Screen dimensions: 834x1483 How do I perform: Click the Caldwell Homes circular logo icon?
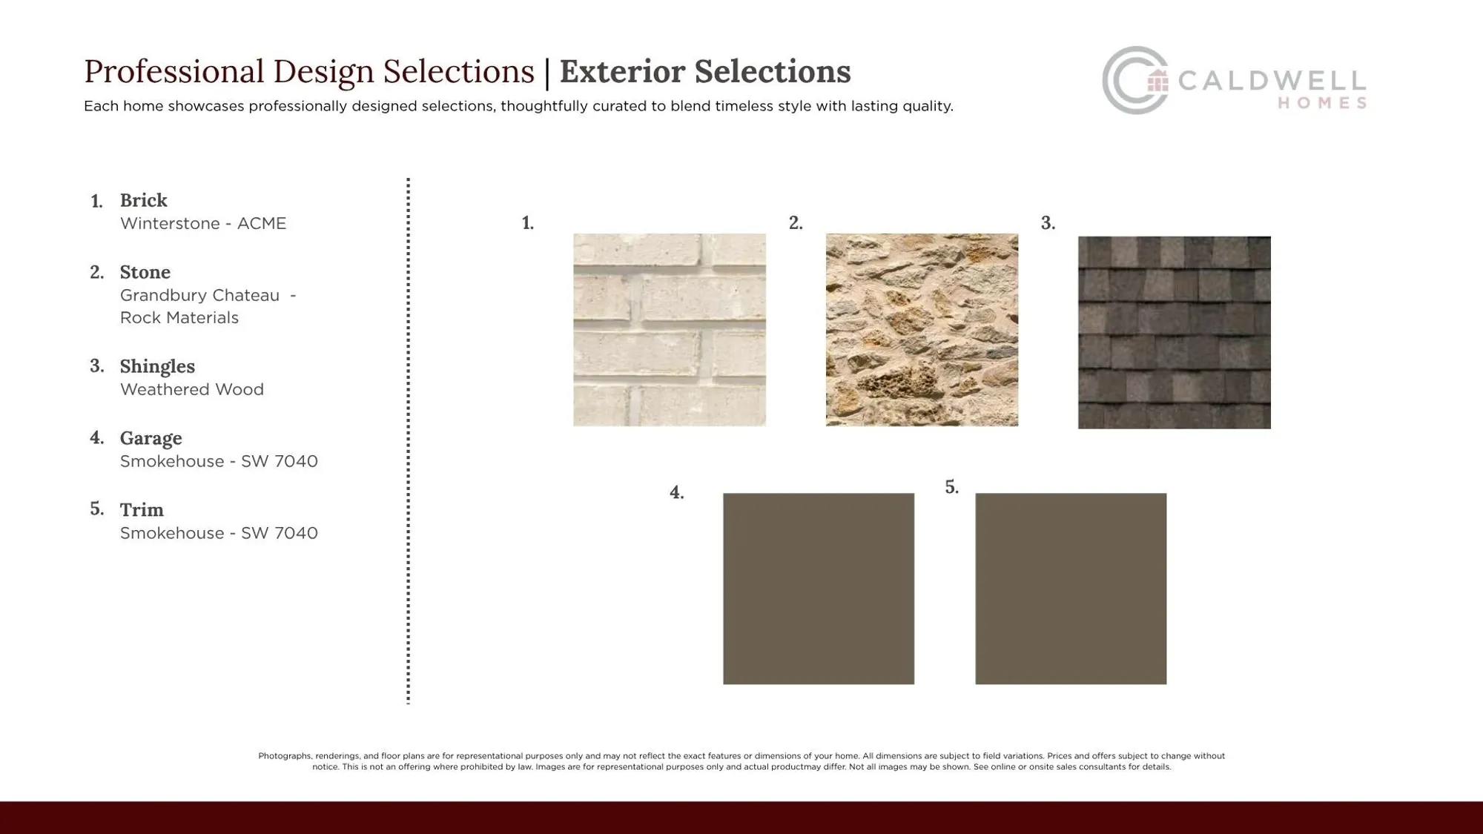pyautogui.click(x=1135, y=80)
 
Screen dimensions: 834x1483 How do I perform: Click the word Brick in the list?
pyautogui.click(x=144, y=200)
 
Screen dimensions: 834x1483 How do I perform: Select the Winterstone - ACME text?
pyautogui.click(x=203, y=224)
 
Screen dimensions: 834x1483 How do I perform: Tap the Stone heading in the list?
pyautogui.click(x=145, y=272)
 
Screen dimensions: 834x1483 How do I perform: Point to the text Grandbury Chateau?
pyautogui.click(x=200, y=296)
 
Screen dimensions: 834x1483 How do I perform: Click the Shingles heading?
pyautogui.click(x=157, y=366)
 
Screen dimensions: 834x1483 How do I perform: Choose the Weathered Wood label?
pyautogui.click(x=192, y=390)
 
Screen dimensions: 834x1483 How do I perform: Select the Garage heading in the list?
pyautogui.click(x=151, y=438)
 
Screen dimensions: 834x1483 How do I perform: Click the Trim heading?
pyautogui.click(x=142, y=510)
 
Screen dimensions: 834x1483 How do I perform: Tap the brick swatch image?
pyautogui.click(x=670, y=330)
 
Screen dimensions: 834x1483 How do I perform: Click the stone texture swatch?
pyautogui.click(x=922, y=330)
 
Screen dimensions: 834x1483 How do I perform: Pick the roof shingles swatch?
pyautogui.click(x=1174, y=332)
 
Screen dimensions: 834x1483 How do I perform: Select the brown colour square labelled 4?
pyautogui.click(x=819, y=589)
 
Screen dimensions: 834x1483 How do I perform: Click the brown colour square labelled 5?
pyautogui.click(x=1071, y=589)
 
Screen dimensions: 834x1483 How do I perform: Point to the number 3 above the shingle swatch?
pyautogui.click(x=1048, y=223)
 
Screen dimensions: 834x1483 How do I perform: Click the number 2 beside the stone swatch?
pyautogui.click(x=796, y=223)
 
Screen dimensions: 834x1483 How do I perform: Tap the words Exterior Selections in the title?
pyautogui.click(x=705, y=72)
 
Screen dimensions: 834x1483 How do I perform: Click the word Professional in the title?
pyautogui.click(x=174, y=72)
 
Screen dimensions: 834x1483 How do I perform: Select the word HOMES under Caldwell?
pyautogui.click(x=1322, y=104)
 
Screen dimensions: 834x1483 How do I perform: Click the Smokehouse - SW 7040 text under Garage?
pyautogui.click(x=219, y=462)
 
